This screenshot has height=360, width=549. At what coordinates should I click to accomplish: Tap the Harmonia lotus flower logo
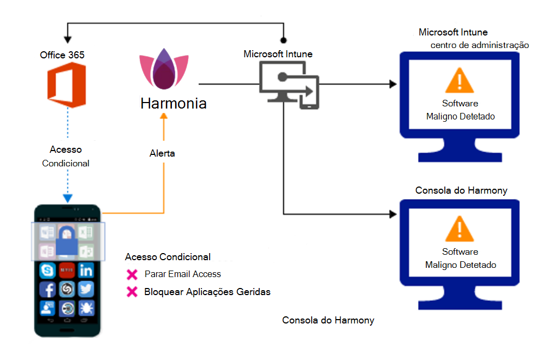tap(163, 69)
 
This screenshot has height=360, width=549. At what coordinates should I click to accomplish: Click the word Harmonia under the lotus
tap(174, 103)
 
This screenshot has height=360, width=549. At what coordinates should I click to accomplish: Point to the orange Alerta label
tap(162, 153)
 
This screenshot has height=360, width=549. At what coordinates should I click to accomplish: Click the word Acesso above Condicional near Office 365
tap(65, 149)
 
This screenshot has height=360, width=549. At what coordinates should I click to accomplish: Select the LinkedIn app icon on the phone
tap(86, 270)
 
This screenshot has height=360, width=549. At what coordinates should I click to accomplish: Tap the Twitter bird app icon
tap(86, 290)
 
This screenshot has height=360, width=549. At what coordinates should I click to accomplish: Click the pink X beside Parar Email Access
tap(132, 274)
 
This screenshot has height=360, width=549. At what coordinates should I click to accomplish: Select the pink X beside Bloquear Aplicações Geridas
tap(132, 292)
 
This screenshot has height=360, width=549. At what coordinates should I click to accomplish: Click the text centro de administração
tap(479, 45)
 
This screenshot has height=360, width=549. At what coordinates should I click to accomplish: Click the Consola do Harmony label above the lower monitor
tap(461, 190)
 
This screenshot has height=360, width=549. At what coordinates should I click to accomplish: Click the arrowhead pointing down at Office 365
tap(67, 40)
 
